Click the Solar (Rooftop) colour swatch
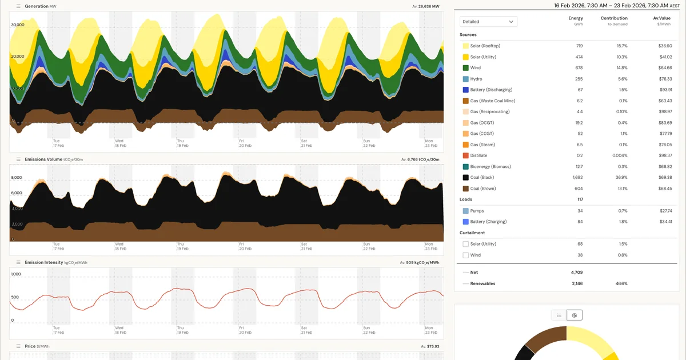(465, 46)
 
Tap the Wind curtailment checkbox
(465, 255)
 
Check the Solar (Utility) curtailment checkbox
(465, 244)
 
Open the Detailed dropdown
(488, 22)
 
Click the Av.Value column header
(661, 18)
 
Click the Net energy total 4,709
(576, 273)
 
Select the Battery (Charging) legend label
(488, 222)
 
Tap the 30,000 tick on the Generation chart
(18, 25)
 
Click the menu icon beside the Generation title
(18, 6)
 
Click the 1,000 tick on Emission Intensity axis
(16, 274)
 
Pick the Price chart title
(30, 346)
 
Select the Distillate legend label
(481, 156)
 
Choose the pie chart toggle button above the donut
(575, 315)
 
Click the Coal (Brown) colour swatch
(465, 189)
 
